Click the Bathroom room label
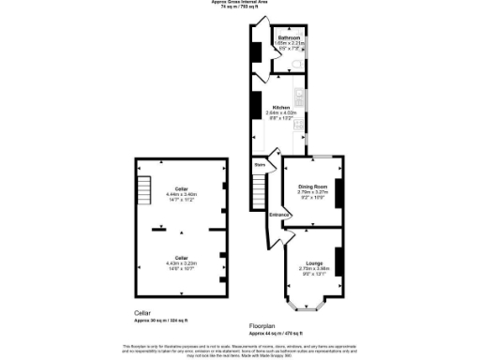coord(288,37)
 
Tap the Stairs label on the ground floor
coord(260,164)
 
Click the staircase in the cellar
coord(144,185)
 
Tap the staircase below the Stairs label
coord(260,193)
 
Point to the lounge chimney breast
coord(339,262)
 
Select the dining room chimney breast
coord(339,191)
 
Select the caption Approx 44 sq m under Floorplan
coord(276,334)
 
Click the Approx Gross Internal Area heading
coord(239,3)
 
